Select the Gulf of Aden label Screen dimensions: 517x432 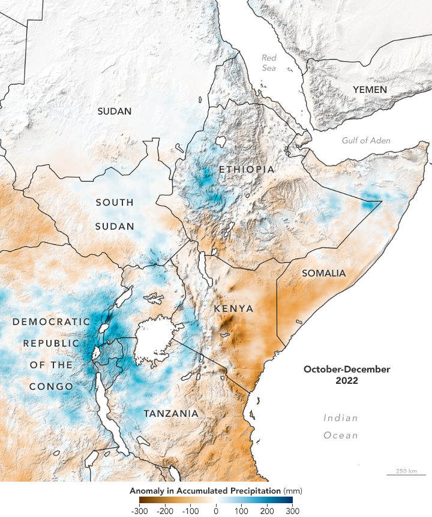coord(366,140)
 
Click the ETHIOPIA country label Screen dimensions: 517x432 coord(246,170)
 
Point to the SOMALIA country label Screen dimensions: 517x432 coord(323,273)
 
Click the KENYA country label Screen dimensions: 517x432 coord(233,308)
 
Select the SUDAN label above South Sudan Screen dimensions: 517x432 coord(114,111)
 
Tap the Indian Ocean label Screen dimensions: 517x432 coord(341,426)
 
